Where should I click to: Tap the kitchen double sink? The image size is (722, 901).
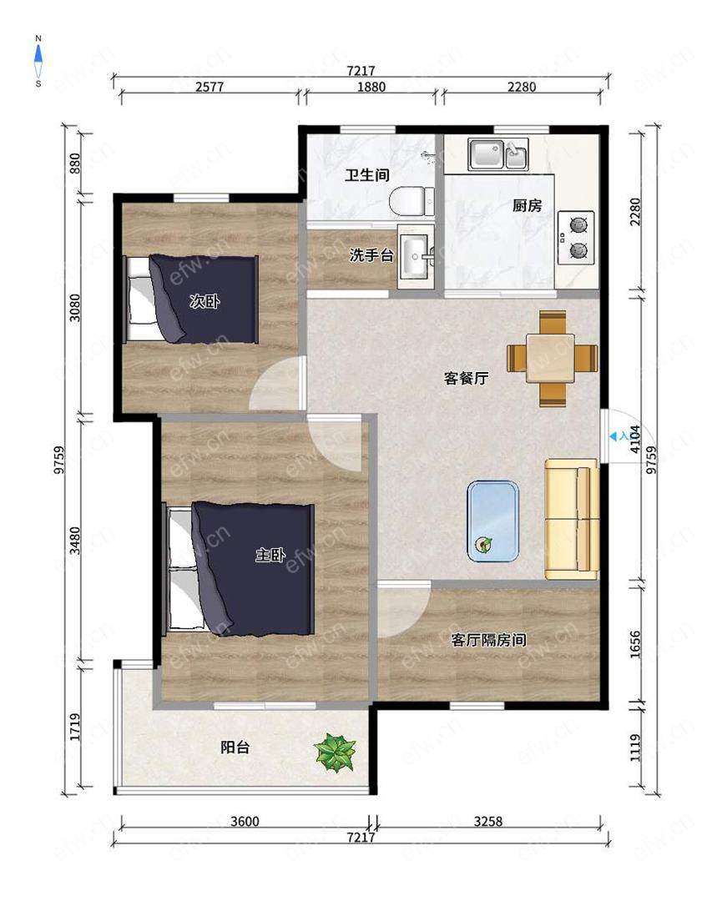pos(497,154)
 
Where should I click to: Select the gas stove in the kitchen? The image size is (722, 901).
pos(576,236)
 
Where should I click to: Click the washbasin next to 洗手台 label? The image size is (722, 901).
pos(414,256)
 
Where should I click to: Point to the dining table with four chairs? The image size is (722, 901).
pos(553,358)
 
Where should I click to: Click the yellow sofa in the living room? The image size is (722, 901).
pos(572,519)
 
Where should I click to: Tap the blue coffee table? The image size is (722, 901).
pos(493,520)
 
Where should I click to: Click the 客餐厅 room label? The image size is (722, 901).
pos(466,378)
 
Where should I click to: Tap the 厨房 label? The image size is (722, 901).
pos(527,205)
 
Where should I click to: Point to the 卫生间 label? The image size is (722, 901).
pos(368,176)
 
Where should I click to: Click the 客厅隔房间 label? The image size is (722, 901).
pos(488,640)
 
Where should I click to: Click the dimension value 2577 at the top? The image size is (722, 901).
pos(209,87)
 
